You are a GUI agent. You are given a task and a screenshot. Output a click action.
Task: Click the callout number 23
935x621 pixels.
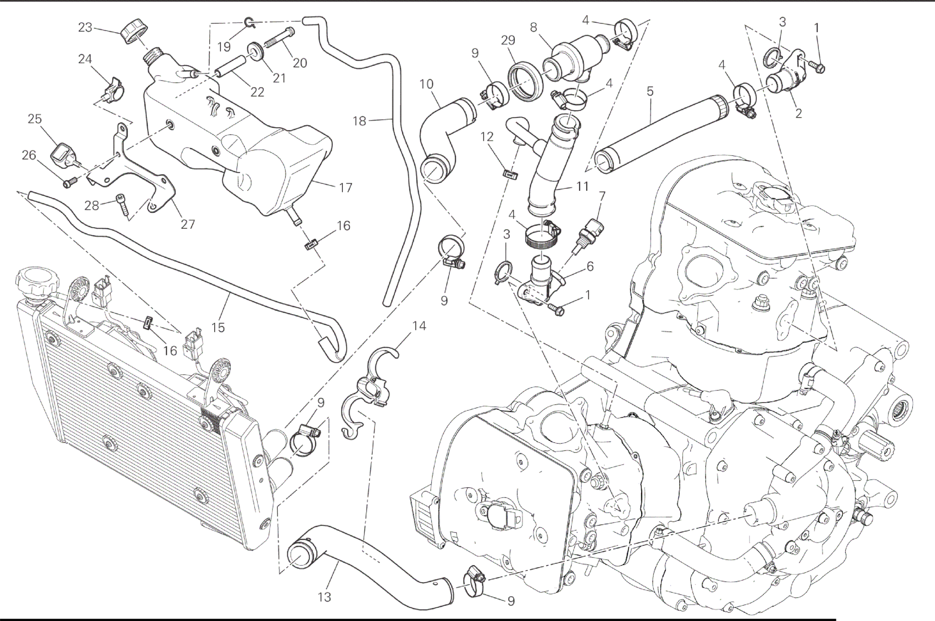(85, 28)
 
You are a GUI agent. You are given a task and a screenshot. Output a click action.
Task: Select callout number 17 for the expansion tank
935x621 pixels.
(345, 187)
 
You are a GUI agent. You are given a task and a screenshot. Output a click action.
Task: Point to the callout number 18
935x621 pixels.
(359, 121)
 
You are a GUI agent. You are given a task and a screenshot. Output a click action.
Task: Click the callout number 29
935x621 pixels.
(508, 40)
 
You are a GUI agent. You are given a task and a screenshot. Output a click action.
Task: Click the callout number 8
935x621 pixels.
(534, 28)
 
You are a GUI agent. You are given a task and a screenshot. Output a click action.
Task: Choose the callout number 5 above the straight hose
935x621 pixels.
(650, 91)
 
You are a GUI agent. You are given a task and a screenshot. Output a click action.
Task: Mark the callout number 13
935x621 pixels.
(324, 597)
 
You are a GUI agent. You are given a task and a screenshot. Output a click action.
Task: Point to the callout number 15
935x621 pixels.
(218, 327)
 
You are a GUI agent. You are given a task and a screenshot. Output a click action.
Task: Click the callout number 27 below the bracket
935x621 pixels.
(187, 224)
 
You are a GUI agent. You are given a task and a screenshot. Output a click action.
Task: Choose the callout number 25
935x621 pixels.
(34, 119)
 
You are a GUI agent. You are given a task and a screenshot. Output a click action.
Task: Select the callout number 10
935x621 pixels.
(426, 84)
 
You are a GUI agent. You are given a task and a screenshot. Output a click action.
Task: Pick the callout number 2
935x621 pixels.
(798, 114)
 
